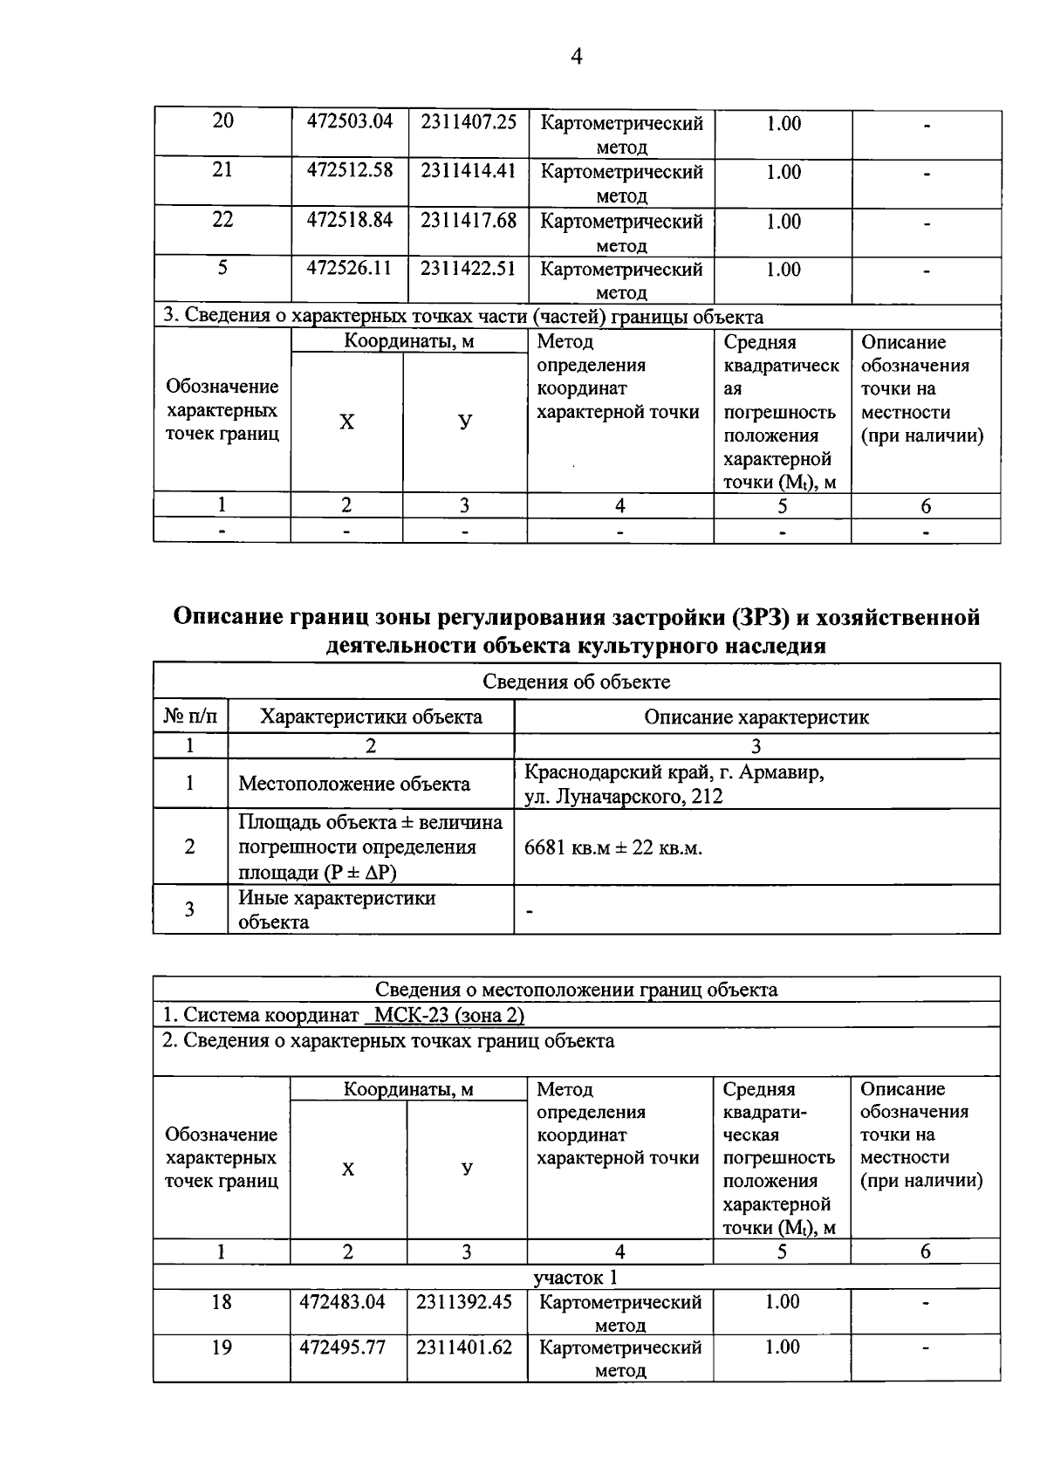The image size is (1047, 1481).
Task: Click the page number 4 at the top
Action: tap(576, 58)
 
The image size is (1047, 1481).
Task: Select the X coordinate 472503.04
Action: tap(350, 122)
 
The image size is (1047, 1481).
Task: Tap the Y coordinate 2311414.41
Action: tap(468, 171)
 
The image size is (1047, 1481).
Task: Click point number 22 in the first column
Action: tap(222, 220)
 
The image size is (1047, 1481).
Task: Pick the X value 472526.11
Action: tap(350, 269)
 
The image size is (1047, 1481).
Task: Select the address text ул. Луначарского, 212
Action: tap(623, 796)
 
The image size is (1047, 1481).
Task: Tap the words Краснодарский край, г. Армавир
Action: tap(674, 773)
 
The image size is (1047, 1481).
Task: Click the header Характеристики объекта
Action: tap(371, 717)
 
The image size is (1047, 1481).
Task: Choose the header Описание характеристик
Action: tap(756, 717)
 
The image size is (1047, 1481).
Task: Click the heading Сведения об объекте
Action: tap(576, 682)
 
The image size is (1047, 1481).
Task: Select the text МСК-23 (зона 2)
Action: tap(448, 1016)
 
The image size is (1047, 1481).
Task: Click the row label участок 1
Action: tap(576, 1278)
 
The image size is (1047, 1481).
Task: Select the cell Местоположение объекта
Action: tap(354, 784)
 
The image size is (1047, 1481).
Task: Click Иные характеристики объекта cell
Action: tap(337, 909)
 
